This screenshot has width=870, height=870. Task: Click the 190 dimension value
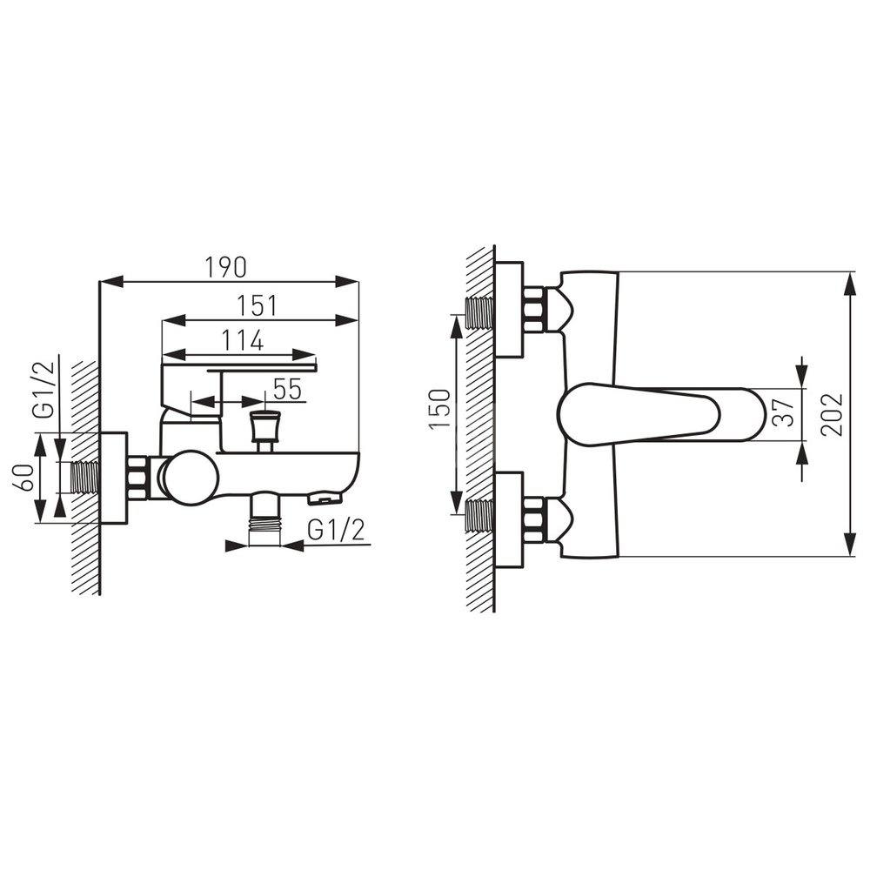pyautogui.click(x=226, y=268)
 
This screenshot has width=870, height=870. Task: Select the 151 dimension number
pyautogui.click(x=257, y=305)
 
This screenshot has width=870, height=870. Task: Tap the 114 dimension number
pyautogui.click(x=243, y=340)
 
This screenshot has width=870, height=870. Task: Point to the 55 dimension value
pyautogui.click(x=287, y=389)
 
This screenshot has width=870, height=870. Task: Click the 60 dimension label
pyautogui.click(x=25, y=478)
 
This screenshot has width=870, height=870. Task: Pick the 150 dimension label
pyautogui.click(x=441, y=409)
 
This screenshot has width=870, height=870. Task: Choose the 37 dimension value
pyautogui.click(x=784, y=412)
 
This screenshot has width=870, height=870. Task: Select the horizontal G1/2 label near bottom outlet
pyautogui.click(x=336, y=531)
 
